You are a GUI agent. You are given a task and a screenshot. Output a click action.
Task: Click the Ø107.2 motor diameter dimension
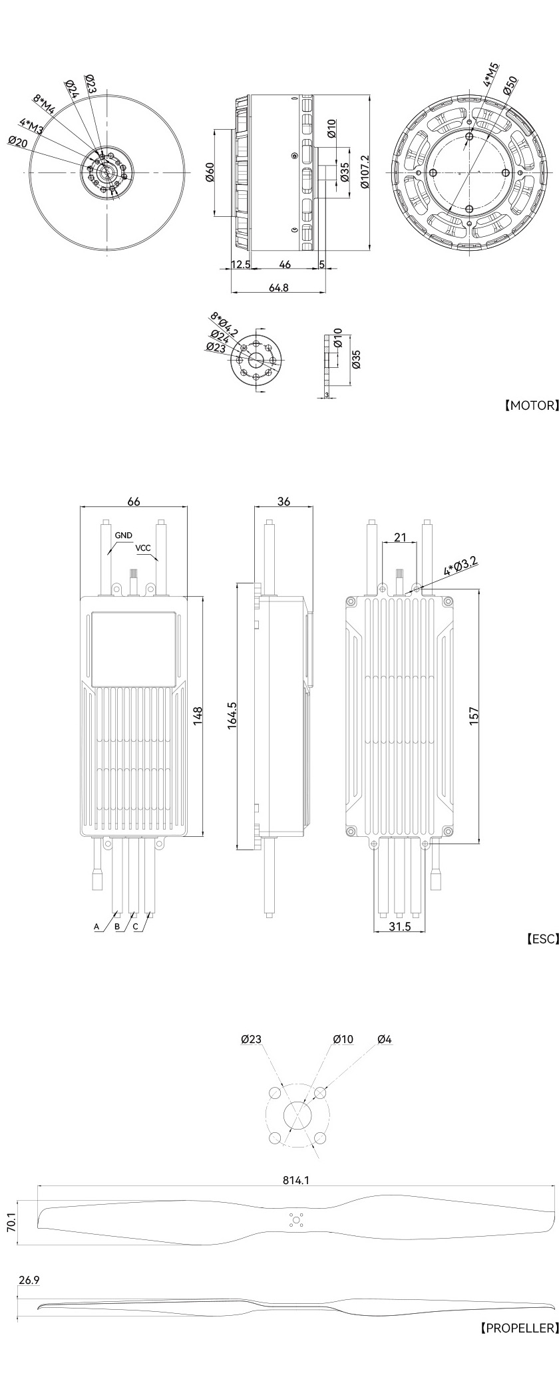point(364,172)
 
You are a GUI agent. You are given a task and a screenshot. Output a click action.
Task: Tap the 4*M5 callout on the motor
point(491,75)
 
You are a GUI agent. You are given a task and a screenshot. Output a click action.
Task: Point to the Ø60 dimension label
point(208,172)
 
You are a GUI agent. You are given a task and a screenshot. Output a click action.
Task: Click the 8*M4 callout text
point(46,104)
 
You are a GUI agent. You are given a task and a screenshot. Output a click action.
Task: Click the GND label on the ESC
point(123,535)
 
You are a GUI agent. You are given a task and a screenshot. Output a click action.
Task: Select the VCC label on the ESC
point(143,548)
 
